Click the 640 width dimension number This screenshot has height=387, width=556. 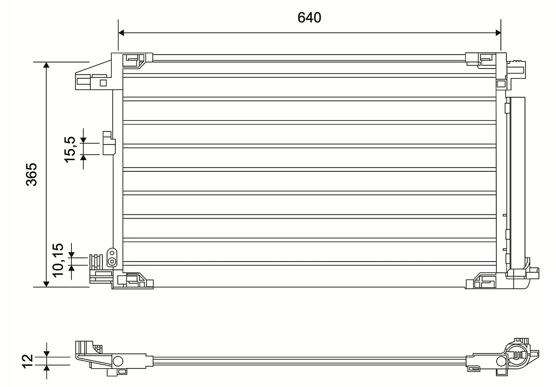point(310,18)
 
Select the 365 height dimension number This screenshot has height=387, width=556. point(32,175)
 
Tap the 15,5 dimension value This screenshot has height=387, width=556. point(70,150)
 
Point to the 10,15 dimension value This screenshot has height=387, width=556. point(58,260)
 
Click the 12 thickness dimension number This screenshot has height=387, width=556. point(28,361)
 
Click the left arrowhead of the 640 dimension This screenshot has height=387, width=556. point(121,33)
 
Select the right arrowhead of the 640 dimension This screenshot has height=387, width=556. point(498,33)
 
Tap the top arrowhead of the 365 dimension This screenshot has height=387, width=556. point(46,65)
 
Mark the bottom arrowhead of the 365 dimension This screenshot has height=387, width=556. point(46,284)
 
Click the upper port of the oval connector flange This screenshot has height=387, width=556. point(112,253)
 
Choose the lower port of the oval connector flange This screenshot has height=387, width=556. point(112,261)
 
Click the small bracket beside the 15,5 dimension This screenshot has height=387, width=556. point(109,144)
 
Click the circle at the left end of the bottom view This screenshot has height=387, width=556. point(118,361)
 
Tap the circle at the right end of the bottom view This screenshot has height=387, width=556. point(501,361)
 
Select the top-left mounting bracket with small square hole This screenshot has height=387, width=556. point(99,74)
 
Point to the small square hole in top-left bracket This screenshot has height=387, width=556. point(103,83)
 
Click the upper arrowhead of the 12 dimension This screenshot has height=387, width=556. point(46,354)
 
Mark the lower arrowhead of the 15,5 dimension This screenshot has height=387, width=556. point(83,158)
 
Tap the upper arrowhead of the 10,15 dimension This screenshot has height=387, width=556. point(71,255)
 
